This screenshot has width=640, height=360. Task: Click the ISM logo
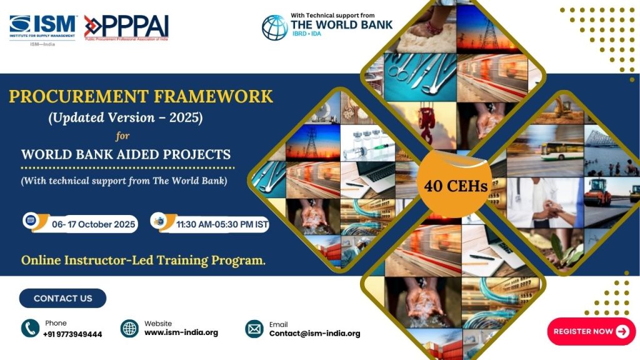pos(42,30)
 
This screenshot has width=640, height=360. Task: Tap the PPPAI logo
pos(126,27)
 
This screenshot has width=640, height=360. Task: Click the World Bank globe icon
pos(275,27)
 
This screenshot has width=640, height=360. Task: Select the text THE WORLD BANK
pos(341,25)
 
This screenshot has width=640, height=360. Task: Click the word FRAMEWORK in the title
pos(213,97)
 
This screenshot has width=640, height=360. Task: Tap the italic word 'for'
pos(122,136)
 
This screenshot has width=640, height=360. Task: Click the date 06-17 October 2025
pos(94,224)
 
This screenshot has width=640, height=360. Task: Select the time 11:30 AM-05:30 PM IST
pos(222,224)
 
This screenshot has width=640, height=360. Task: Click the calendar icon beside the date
pos(31,221)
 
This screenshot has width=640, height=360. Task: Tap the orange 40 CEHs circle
pos(455,185)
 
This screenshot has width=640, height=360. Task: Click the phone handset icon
pos(30,328)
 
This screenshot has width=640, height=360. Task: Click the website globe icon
pos(129,328)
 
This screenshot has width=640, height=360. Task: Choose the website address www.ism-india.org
pos(181,332)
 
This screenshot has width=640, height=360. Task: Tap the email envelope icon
pos(254,329)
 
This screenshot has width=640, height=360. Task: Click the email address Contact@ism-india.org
pos(315,334)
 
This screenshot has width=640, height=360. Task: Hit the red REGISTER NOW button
pos(591,331)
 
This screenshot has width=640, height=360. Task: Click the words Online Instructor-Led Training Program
pos(143,261)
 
